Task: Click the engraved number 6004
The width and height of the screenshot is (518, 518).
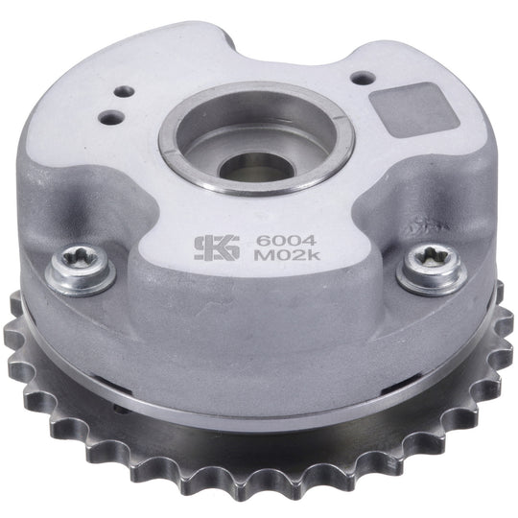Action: click(x=286, y=241)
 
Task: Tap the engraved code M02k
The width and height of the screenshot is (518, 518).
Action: click(x=288, y=256)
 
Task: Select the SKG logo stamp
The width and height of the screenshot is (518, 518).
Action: click(x=217, y=247)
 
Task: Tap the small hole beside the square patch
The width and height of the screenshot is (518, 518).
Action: click(x=363, y=79)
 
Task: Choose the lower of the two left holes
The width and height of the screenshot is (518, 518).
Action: click(x=110, y=116)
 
